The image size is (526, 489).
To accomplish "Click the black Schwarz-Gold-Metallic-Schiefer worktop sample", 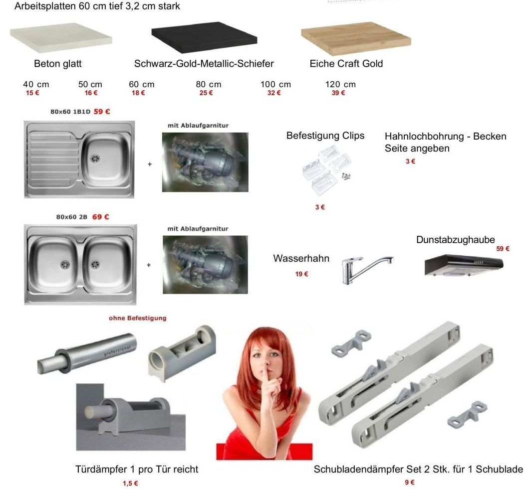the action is (x=204, y=37).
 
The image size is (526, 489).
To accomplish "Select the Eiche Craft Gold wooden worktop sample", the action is (x=356, y=38).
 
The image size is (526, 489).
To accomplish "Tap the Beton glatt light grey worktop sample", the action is (x=61, y=37).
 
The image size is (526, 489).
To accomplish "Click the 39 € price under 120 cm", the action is (x=338, y=93).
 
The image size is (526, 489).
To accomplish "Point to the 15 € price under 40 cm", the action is (x=32, y=93).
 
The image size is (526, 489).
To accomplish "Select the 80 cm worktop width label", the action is (x=208, y=84).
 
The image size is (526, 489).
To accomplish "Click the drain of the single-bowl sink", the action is (x=95, y=158).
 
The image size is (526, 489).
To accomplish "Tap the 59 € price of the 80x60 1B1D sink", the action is (x=102, y=112).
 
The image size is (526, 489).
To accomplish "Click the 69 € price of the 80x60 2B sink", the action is (x=101, y=217).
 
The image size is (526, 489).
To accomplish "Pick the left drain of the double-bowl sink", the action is (x=65, y=265).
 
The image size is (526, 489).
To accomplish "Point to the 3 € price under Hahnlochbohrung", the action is (x=410, y=162).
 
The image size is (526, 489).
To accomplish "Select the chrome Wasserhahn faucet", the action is (x=367, y=269).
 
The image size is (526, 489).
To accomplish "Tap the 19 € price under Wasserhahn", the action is (x=301, y=274).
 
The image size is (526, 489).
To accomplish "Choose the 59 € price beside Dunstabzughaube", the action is (x=503, y=249).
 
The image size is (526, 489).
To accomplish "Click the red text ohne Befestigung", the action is (x=138, y=318).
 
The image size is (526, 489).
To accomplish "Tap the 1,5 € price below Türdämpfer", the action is (x=130, y=484).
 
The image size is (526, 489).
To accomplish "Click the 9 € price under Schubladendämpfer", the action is (x=410, y=483).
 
